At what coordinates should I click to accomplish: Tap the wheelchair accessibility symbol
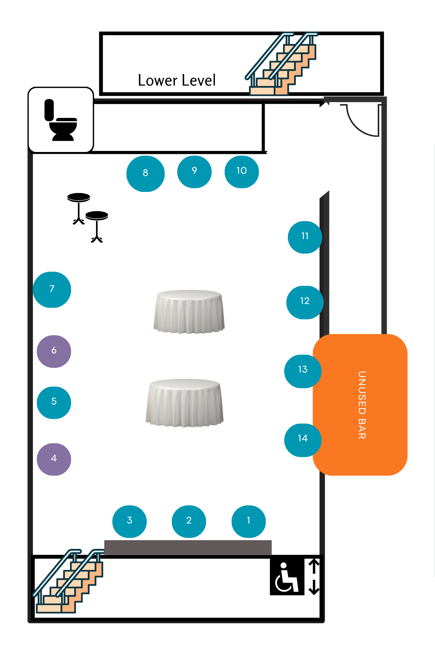coord(287,577)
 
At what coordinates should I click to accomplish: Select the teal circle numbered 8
coord(145,173)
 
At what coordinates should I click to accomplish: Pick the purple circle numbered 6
coord(54,351)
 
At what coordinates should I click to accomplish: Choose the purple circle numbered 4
coord(54,459)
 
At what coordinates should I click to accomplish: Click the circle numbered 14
coord(303,440)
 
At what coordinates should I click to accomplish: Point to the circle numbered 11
coord(305,237)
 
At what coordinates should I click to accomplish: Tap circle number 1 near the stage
coord(249,521)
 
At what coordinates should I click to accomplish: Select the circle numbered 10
coord(241,172)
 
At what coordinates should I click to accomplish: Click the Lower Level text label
coord(177,80)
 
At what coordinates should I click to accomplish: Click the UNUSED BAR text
coord(361,404)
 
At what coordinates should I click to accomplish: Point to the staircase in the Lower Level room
coord(281,65)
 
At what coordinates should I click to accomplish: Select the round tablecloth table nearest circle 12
coord(189,312)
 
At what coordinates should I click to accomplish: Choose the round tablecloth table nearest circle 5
coord(185,403)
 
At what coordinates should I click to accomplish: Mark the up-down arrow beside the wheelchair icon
coord(314,577)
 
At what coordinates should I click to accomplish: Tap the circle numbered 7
coord(52,289)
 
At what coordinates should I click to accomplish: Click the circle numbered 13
coord(303,371)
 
